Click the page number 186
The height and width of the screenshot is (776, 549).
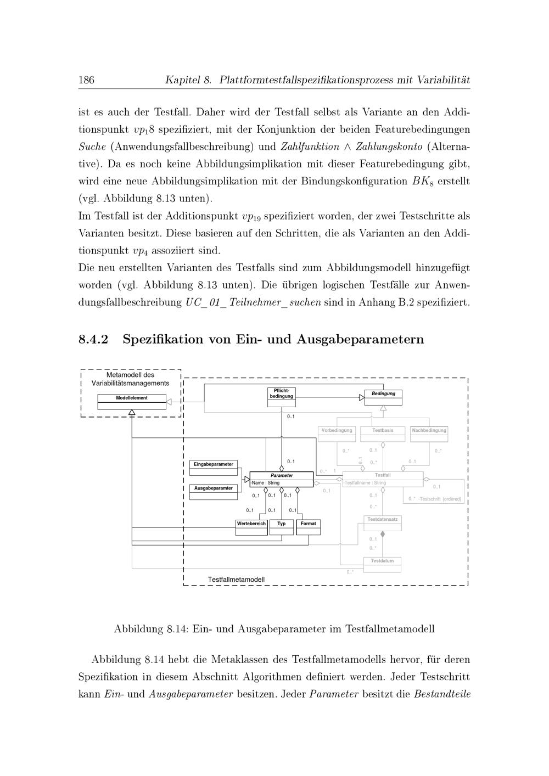tap(86, 80)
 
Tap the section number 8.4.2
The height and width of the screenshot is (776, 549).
tap(93, 339)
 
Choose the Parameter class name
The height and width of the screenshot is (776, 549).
tap(282, 475)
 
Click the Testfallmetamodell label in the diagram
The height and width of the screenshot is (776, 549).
tap(236, 580)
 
